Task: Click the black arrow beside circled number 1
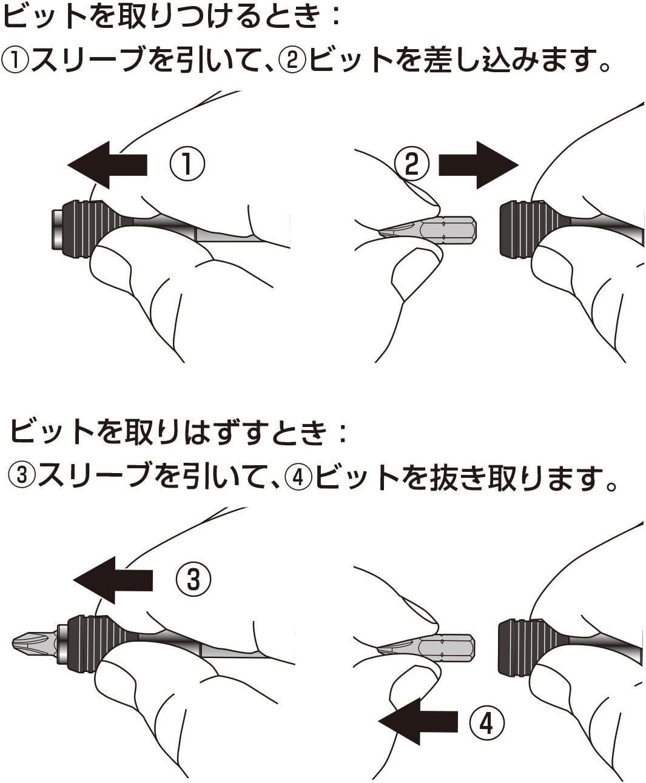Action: [x=107, y=165]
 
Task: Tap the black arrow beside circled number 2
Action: [x=479, y=165]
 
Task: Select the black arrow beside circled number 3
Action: [x=113, y=580]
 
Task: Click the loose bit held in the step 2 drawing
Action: [x=428, y=229]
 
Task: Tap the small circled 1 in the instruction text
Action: [x=15, y=61]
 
